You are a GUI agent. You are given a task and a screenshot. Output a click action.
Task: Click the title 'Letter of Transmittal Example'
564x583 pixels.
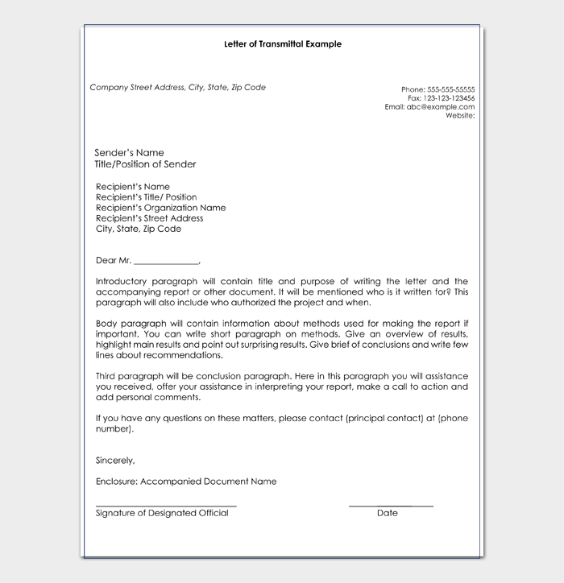coord(282,44)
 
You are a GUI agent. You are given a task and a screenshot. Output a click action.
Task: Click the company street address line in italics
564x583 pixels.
coord(177,88)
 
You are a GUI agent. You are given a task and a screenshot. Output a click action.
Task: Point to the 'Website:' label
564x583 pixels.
coord(460,115)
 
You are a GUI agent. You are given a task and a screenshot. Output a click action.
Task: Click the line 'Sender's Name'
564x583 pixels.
coord(129,153)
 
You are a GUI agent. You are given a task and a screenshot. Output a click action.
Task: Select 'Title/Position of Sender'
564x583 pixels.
coord(145,164)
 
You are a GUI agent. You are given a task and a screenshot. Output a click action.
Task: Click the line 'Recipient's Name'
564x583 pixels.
coord(133,187)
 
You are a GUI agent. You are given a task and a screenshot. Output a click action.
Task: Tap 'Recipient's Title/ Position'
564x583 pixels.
coord(146,197)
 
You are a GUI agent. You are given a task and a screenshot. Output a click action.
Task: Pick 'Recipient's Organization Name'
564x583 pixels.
coord(160,208)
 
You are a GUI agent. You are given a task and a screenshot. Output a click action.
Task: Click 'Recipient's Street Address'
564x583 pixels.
coord(149,218)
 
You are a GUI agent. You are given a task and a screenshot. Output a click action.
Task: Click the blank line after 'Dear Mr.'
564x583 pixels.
coord(166,261)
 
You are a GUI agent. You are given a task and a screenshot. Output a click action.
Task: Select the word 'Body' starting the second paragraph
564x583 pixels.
coord(106,323)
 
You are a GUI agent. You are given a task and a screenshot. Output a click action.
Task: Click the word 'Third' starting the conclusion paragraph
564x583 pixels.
coord(106,375)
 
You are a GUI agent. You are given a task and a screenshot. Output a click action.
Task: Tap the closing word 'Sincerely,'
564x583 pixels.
coord(115,461)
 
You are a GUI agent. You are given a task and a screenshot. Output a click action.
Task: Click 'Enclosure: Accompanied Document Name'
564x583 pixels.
coord(185,482)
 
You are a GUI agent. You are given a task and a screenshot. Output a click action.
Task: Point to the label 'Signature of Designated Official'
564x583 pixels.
coord(162,513)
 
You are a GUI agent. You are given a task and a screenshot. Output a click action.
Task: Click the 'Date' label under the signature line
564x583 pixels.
coord(387,513)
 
